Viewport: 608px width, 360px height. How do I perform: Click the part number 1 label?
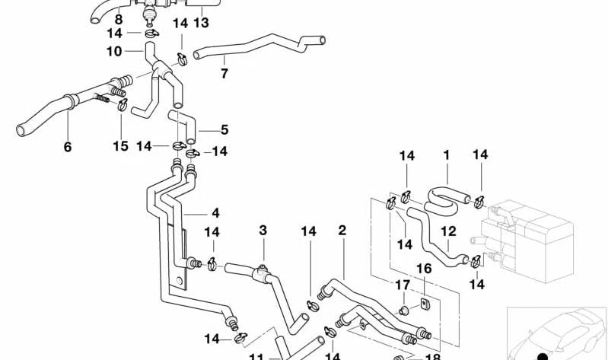point(447,155)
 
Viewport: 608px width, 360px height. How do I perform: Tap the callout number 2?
point(342,230)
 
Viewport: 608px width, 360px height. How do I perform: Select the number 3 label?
point(263,230)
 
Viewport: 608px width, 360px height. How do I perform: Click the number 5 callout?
point(224,130)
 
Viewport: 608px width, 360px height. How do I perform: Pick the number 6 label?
point(68,147)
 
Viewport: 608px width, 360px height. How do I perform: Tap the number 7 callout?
point(224,74)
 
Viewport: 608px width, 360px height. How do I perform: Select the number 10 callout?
point(114,52)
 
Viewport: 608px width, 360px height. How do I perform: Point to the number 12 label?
point(448,231)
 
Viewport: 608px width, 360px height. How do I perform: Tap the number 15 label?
point(121,145)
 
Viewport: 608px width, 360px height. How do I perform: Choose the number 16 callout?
point(423,269)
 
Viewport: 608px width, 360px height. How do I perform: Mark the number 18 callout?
point(432,355)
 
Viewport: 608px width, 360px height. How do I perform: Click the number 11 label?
point(256,355)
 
